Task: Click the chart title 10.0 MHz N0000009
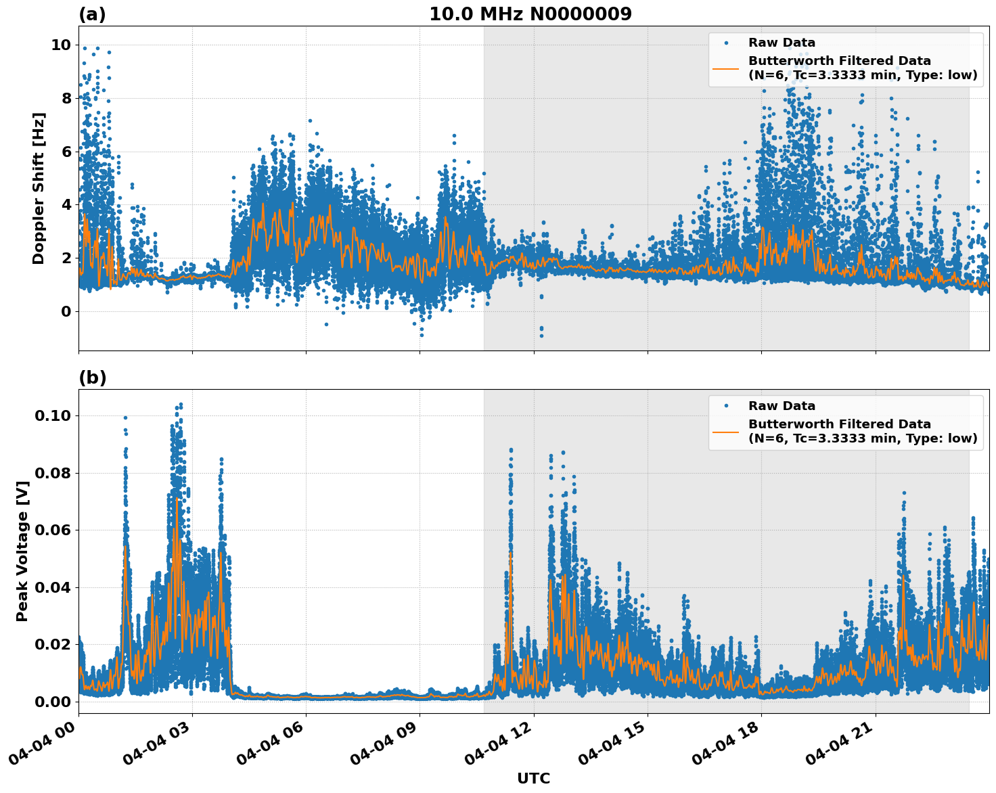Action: pyautogui.click(x=530, y=14)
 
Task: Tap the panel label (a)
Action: pyautogui.click(x=92, y=14)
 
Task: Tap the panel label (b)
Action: pyautogui.click(x=92, y=378)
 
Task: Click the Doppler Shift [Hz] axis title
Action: pyautogui.click(x=39, y=188)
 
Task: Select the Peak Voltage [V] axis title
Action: pyautogui.click(x=22, y=566)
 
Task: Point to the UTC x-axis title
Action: pyautogui.click(x=533, y=778)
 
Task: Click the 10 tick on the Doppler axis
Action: pyautogui.click(x=61, y=45)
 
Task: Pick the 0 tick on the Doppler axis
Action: pyautogui.click(x=66, y=312)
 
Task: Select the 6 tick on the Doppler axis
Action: pyautogui.click(x=66, y=152)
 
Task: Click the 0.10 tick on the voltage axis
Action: pyautogui.click(x=52, y=415)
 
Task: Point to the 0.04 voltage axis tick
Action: pyautogui.click(x=52, y=587)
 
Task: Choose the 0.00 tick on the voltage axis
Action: pyautogui.click(x=52, y=702)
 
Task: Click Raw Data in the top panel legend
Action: pyautogui.click(x=782, y=43)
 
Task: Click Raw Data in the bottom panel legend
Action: pyautogui.click(x=782, y=406)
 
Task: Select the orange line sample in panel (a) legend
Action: pyautogui.click(x=725, y=68)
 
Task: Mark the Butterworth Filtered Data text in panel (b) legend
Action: pyautogui.click(x=839, y=424)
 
